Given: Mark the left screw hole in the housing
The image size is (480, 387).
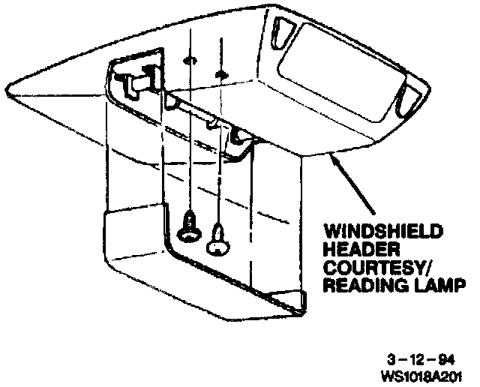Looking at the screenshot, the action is (188, 59).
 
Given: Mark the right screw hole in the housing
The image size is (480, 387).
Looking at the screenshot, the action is (220, 74).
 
